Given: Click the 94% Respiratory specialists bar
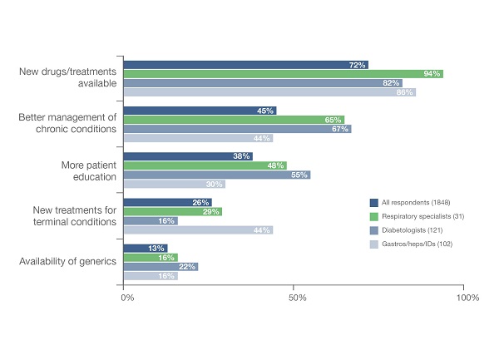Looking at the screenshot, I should click(x=283, y=74).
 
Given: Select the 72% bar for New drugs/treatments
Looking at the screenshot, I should click(x=245, y=65).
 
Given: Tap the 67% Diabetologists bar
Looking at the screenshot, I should click(x=237, y=129).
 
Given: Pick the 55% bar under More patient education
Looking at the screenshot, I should click(x=216, y=175).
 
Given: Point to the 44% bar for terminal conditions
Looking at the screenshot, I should click(x=198, y=229).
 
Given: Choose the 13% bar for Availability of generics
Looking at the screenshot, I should click(x=146, y=248).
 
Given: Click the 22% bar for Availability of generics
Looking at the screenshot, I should click(x=161, y=266).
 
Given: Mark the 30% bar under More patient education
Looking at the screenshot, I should click(x=174, y=184).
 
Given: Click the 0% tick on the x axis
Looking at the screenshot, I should click(x=124, y=297).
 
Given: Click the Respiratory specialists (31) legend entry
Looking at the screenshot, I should click(x=414, y=215).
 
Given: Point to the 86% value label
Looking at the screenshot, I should click(x=405, y=92).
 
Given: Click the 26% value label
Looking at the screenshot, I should click(x=201, y=202).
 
